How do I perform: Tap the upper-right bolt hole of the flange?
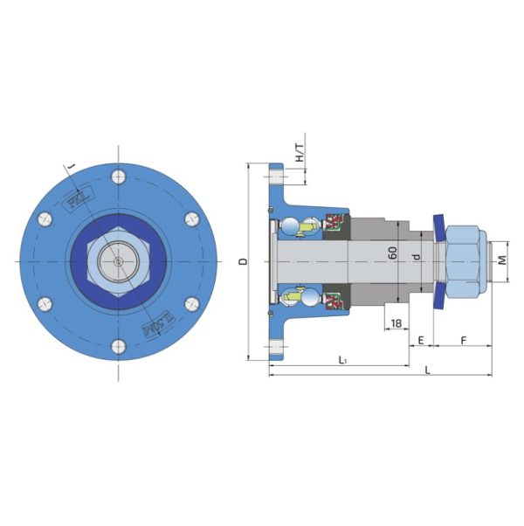pyautogui.click(x=192, y=218)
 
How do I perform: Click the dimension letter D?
pyautogui.click(x=244, y=260)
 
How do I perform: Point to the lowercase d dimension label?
pyautogui.click(x=417, y=257)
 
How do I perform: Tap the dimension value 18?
pyautogui.click(x=396, y=323)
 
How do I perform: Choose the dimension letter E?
pyautogui.click(x=421, y=337)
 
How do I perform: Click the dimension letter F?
pyautogui.click(x=463, y=337)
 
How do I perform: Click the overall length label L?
pyautogui.click(x=427, y=370)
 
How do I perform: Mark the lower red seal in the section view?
pyautogui.click(x=333, y=300)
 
